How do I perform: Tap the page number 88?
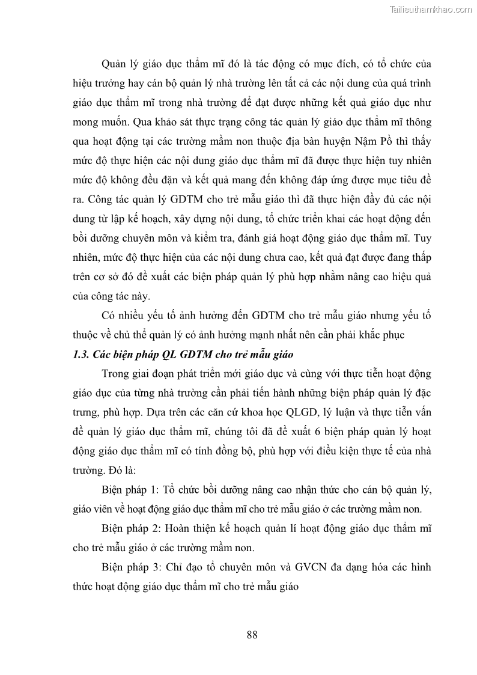tap(252, 634)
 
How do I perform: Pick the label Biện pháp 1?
tap(132, 489)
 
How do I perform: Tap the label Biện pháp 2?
tap(132, 528)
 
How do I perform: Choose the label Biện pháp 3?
tap(132, 567)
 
